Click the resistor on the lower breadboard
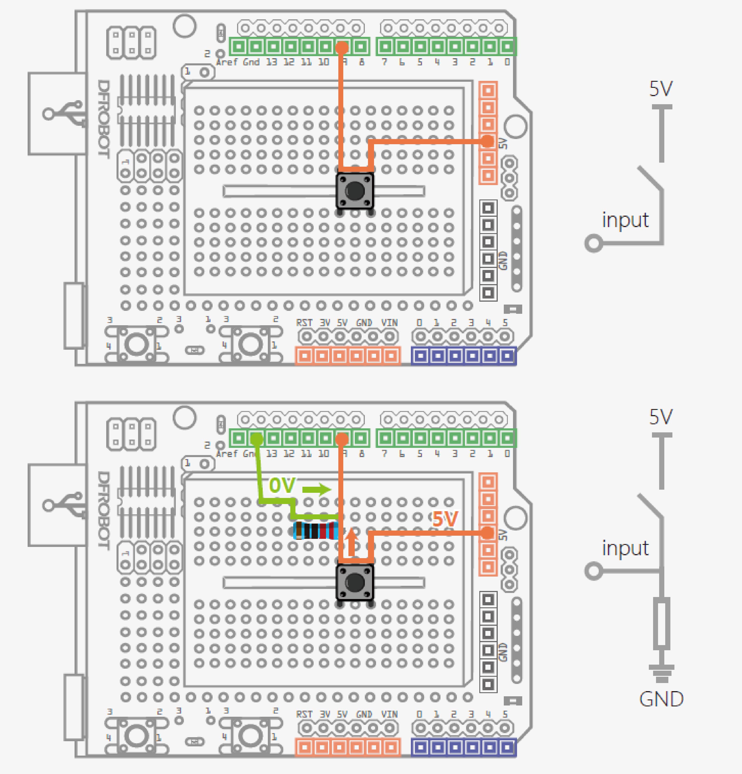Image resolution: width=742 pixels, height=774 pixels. [x=316, y=530]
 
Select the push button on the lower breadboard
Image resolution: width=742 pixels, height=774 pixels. [x=355, y=582]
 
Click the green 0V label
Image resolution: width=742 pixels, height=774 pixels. [x=282, y=485]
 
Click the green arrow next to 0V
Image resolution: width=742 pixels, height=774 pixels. [x=317, y=490]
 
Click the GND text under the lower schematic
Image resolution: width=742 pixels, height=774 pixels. [x=661, y=699]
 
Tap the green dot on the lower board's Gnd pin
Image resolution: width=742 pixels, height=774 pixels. [x=257, y=438]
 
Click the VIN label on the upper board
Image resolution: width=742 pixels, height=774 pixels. [x=389, y=323]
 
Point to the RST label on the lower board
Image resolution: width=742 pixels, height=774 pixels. [x=304, y=714]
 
